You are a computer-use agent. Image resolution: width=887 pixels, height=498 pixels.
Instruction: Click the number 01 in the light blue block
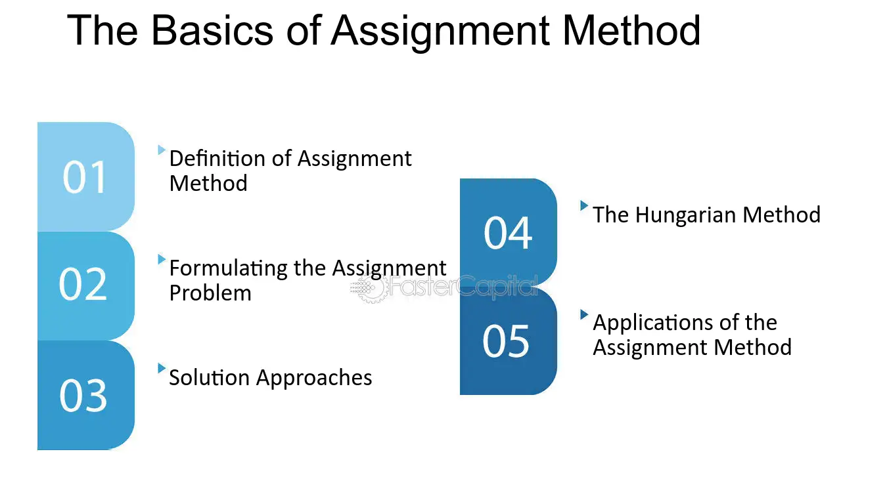(x=85, y=177)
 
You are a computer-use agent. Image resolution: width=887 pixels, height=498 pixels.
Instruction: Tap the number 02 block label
(x=83, y=284)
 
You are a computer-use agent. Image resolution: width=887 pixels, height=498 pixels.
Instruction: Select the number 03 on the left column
(x=83, y=396)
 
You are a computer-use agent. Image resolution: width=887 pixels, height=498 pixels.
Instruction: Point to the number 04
(x=508, y=233)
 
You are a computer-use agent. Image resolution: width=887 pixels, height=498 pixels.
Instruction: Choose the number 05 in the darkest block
(x=506, y=341)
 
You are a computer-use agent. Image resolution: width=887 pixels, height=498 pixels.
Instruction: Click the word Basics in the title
(x=212, y=30)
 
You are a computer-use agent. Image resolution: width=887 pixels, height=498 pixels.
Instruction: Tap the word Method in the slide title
(x=631, y=30)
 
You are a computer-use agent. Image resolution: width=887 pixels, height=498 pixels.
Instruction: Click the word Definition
(x=217, y=159)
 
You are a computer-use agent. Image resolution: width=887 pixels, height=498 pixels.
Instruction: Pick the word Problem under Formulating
(x=210, y=293)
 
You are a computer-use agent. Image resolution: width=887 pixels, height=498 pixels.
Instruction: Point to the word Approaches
(x=315, y=378)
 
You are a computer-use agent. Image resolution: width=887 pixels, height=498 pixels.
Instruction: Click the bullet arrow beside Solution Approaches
(x=162, y=368)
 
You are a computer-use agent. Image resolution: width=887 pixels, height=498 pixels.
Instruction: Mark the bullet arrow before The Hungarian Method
(x=584, y=205)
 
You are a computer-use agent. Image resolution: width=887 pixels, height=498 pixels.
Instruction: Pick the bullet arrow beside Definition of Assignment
(x=162, y=150)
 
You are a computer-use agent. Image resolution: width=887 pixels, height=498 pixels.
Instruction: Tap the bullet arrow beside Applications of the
(x=584, y=314)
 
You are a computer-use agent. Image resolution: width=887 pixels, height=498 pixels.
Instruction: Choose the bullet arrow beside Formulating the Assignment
(x=162, y=259)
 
